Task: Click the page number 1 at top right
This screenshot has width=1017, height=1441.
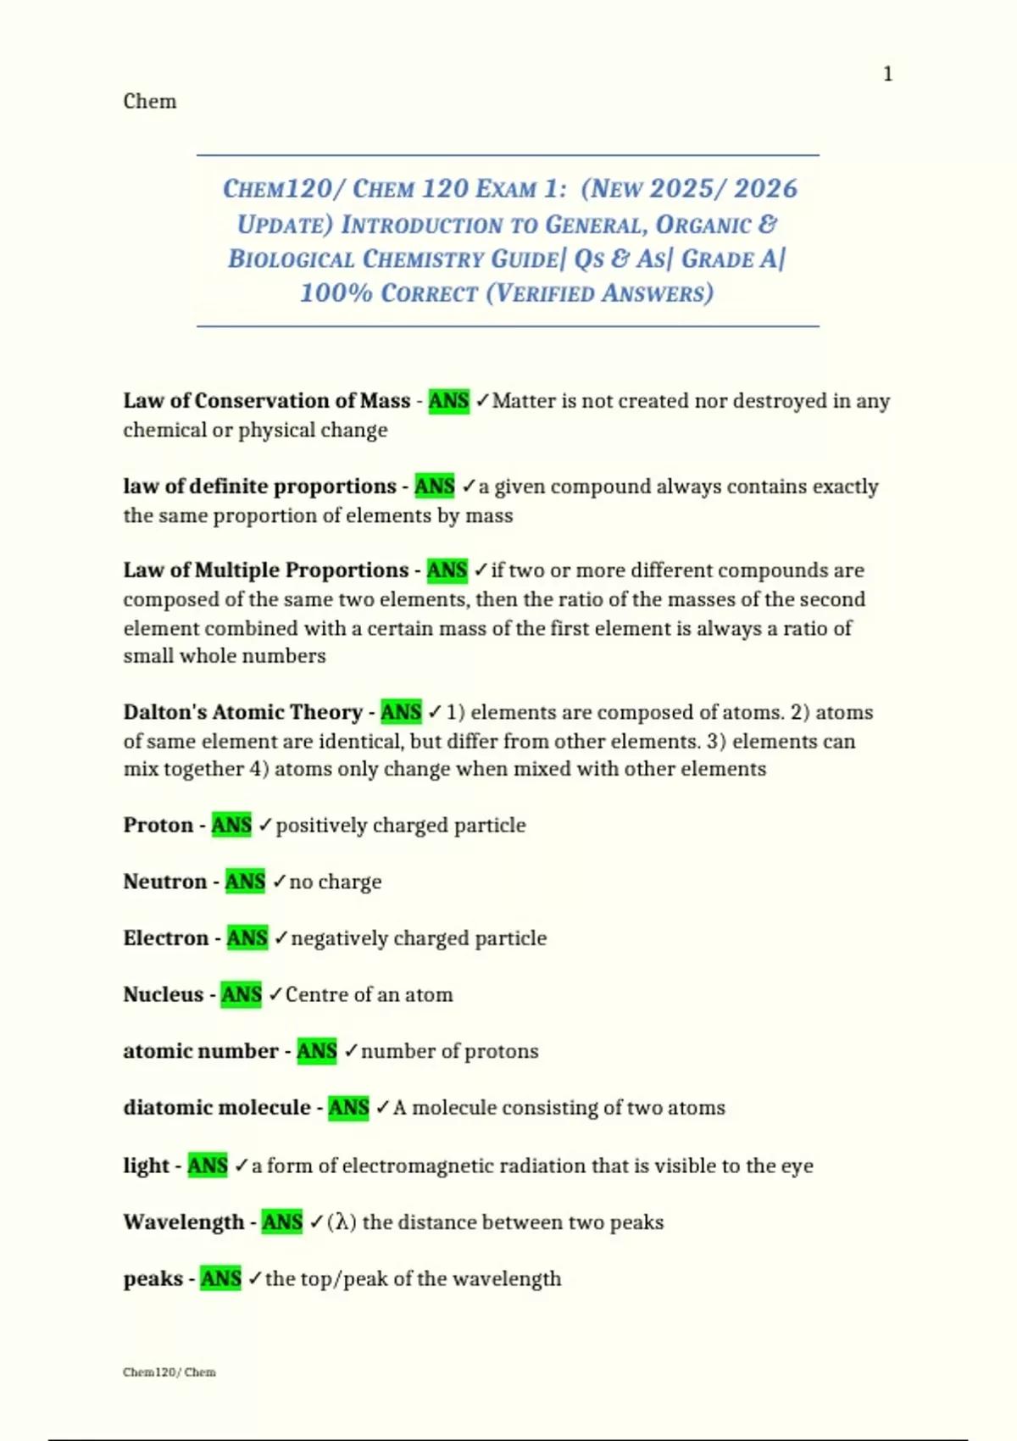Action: pyautogui.click(x=887, y=75)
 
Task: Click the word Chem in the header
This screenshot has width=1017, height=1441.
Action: pyautogui.click(x=150, y=102)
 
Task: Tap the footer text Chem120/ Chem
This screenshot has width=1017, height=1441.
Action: pyautogui.click(x=169, y=1372)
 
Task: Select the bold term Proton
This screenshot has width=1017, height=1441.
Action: pyautogui.click(x=158, y=826)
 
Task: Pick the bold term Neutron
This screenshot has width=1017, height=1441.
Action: pyautogui.click(x=165, y=882)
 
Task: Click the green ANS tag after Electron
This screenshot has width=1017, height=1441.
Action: pyautogui.click(x=247, y=938)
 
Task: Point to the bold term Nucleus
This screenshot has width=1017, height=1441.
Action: pyautogui.click(x=164, y=994)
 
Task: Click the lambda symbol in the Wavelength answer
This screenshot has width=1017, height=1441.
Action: pyautogui.click(x=342, y=1222)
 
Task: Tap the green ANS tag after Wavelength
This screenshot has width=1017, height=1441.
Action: pyautogui.click(x=282, y=1222)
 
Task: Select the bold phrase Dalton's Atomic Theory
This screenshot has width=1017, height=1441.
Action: pyautogui.click(x=242, y=712)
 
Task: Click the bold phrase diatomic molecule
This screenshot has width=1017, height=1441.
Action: pyautogui.click(x=217, y=1108)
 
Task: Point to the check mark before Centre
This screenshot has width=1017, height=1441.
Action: pyautogui.click(x=275, y=994)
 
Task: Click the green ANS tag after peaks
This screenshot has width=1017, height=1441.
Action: pyautogui.click(x=221, y=1278)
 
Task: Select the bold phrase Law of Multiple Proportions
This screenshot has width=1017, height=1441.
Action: pyautogui.click(x=266, y=570)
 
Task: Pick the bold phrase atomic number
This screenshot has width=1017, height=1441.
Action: pyautogui.click(x=201, y=1051)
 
